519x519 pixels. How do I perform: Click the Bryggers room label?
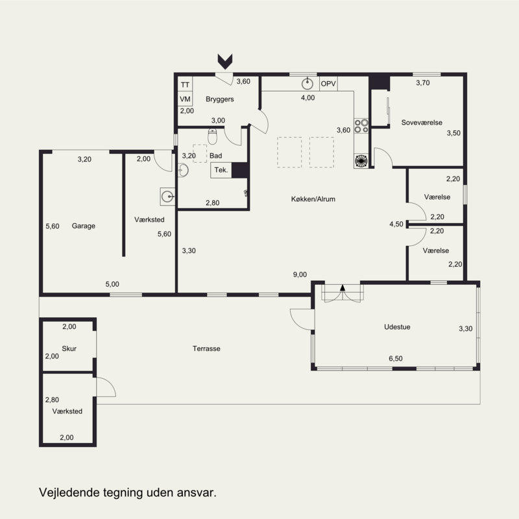[x=219, y=99]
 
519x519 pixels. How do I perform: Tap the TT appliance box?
[x=185, y=85]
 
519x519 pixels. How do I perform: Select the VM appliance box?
[x=185, y=99]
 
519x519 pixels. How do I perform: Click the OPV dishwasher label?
[x=328, y=84]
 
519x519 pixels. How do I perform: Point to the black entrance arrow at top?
[x=225, y=62]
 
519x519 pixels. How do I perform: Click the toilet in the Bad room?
[x=212, y=137]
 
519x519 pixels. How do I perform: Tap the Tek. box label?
[x=221, y=170]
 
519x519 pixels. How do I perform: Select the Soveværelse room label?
[x=422, y=123]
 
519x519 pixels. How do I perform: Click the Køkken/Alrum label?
[x=313, y=199]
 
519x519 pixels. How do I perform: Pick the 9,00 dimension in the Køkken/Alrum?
[x=300, y=274]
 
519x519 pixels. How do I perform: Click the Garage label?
[x=84, y=226]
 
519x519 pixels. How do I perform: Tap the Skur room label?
[x=69, y=348]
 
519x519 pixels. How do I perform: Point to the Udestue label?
[x=397, y=327]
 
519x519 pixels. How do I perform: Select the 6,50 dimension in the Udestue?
[x=396, y=359]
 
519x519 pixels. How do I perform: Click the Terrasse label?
[x=206, y=348]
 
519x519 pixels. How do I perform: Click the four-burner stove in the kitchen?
[x=361, y=126]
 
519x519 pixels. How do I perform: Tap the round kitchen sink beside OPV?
[x=308, y=84]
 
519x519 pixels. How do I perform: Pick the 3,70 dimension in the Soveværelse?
[x=423, y=83]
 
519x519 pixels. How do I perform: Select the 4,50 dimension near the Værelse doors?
[x=396, y=224]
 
